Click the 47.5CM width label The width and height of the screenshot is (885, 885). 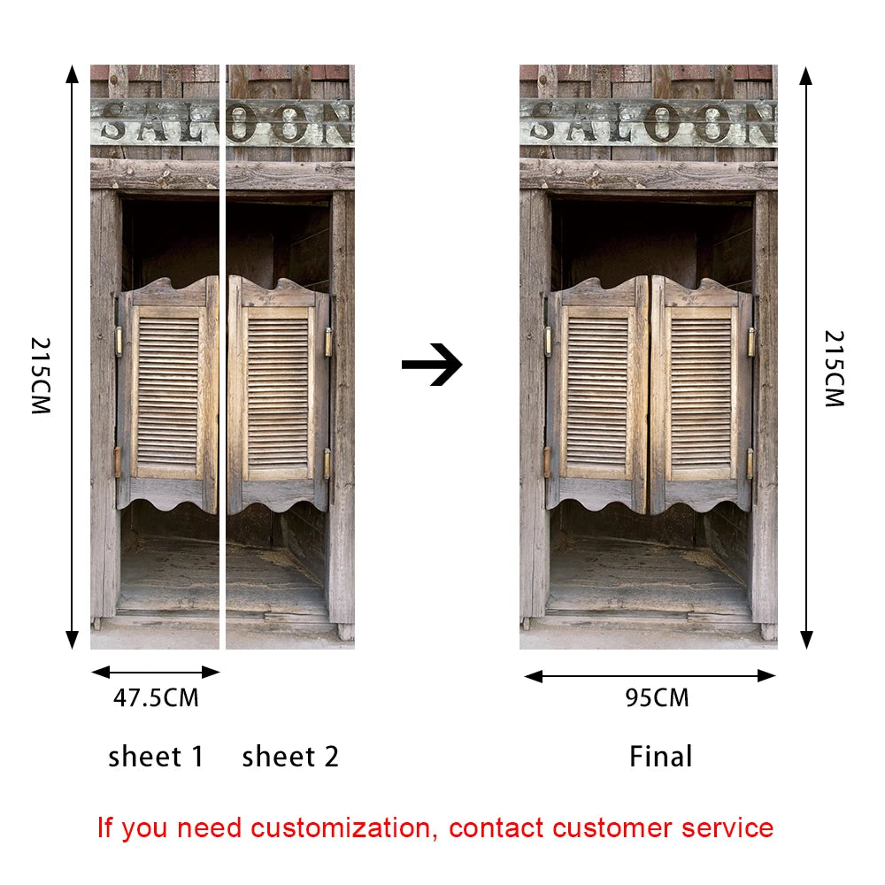click(156, 698)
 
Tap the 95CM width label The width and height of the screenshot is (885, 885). click(657, 698)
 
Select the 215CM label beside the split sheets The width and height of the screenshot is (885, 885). click(41, 376)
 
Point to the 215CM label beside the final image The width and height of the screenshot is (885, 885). click(835, 368)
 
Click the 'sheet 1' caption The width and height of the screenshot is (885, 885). click(156, 757)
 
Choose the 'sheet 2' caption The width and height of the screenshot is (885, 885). click(290, 757)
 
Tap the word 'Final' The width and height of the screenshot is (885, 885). click(660, 757)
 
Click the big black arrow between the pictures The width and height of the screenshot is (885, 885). click(432, 365)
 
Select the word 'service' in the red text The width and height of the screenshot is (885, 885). click(727, 828)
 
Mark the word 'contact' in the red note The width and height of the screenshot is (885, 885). click(496, 828)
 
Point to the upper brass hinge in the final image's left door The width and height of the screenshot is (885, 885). click(548, 342)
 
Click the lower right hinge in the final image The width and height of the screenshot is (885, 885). click(750, 464)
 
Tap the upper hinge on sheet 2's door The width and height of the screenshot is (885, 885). click(328, 342)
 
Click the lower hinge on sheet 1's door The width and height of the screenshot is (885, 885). click(118, 462)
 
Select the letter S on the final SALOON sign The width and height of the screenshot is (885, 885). click(543, 121)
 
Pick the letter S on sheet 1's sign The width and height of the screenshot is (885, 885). click(114, 121)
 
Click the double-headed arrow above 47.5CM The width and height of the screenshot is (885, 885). click(156, 673)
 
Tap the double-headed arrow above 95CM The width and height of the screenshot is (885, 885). click(650, 676)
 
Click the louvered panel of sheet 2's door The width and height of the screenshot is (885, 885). click(278, 394)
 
